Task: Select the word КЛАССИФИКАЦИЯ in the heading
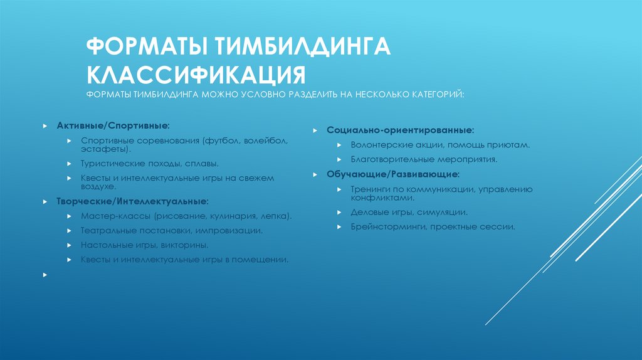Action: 196,73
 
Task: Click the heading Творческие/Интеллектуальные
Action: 133,202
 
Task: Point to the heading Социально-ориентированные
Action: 400,130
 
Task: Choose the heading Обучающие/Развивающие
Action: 392,173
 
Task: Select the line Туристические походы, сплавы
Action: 150,163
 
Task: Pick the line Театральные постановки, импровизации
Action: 171,230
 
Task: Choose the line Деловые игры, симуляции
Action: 409,212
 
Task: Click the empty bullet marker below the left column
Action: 46,275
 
